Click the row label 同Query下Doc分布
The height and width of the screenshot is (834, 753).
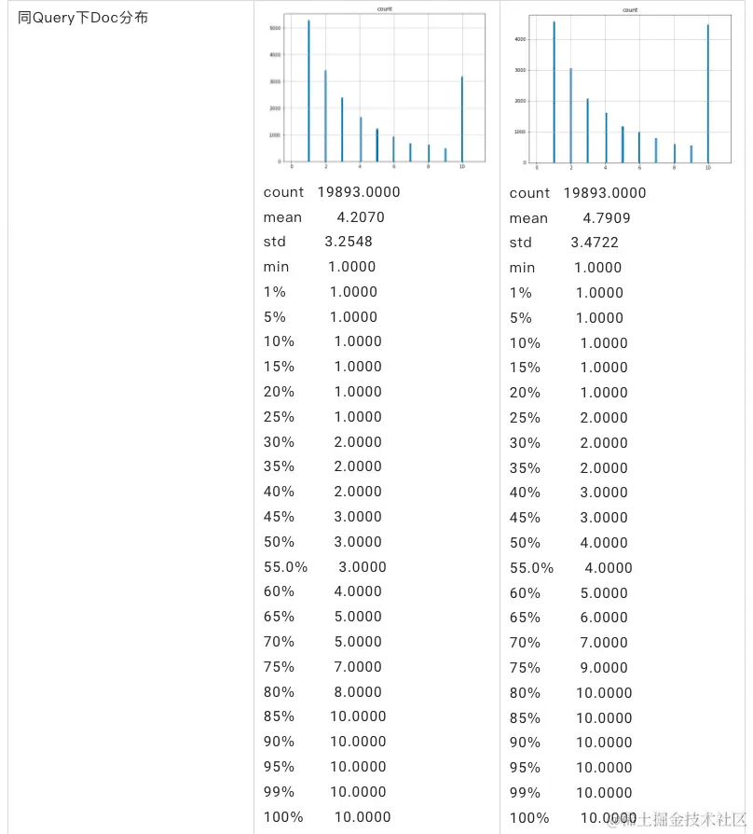tap(82, 18)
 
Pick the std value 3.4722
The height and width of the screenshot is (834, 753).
tap(595, 243)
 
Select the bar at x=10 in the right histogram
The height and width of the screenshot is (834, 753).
tap(708, 93)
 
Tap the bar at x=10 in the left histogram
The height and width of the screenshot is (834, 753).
tap(462, 119)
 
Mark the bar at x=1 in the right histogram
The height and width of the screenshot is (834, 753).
tap(554, 91)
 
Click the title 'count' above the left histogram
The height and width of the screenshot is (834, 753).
tap(384, 7)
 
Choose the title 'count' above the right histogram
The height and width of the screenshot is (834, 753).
tap(630, 9)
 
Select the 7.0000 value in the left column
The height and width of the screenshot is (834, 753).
tap(358, 666)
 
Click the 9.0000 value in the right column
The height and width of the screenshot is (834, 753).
tap(604, 667)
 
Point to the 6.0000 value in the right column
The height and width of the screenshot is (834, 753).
tap(604, 617)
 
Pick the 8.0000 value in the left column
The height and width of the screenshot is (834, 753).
tap(358, 691)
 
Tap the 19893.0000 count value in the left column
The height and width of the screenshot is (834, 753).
tap(359, 192)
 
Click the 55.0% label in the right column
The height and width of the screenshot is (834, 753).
tap(531, 567)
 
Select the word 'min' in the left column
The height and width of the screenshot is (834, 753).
tap(276, 267)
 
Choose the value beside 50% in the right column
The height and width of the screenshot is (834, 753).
tap(604, 542)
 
